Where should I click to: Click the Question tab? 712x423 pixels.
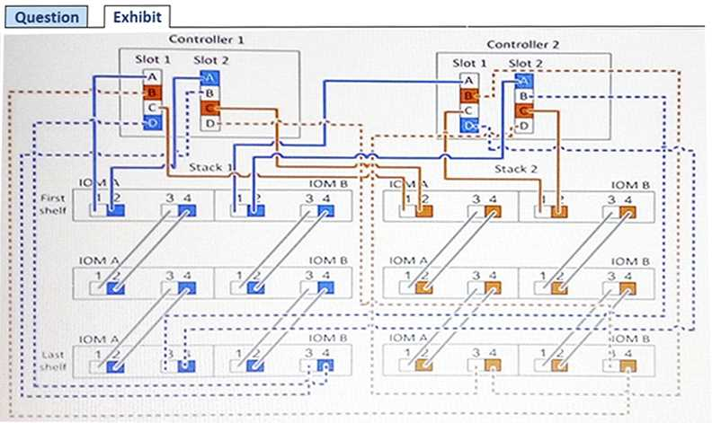[x=49, y=16]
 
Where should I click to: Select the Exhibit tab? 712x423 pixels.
[x=137, y=16]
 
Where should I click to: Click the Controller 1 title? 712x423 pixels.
[x=206, y=40]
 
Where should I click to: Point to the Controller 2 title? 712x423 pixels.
[x=522, y=44]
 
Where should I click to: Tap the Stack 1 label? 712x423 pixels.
[x=209, y=167]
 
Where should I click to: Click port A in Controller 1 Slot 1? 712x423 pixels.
[x=152, y=78]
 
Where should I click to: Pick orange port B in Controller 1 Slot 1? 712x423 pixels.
[x=152, y=93]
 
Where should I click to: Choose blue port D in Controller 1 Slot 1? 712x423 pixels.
[x=152, y=122]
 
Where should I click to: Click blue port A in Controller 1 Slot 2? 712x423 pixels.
[x=209, y=78]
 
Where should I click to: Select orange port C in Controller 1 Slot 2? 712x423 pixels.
[x=209, y=108]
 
